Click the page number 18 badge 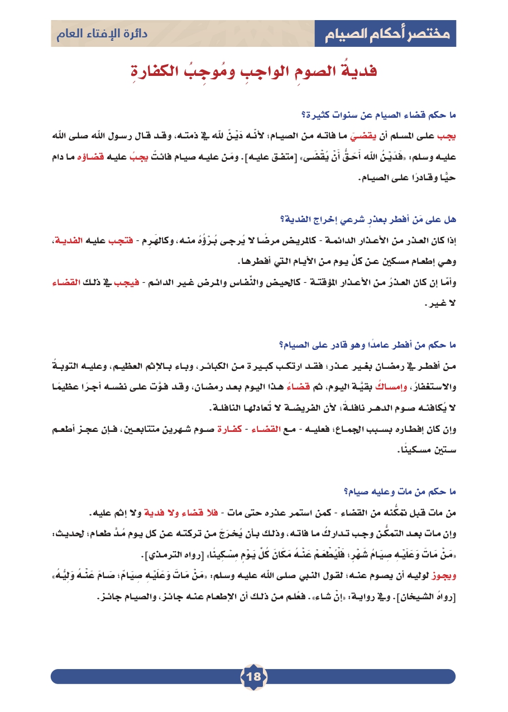pos(253,677)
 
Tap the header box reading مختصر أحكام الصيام pos(385,35)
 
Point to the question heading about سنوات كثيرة pos(378,116)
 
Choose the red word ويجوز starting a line pos(444,575)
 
